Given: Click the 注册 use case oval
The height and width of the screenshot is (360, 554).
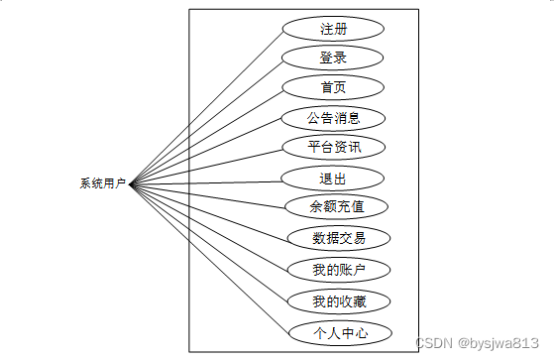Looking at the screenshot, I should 333,27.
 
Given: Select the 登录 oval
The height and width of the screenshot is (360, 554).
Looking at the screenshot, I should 333,57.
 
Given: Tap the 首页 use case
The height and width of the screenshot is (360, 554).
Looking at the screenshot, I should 333,87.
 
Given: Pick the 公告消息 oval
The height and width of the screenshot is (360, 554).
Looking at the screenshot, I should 333,118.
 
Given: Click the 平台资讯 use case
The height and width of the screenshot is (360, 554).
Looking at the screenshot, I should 333,148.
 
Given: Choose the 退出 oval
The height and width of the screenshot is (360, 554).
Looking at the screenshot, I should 333,179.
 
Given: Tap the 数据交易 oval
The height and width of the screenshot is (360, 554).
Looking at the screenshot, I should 338,238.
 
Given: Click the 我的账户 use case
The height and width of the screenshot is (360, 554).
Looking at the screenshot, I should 338,269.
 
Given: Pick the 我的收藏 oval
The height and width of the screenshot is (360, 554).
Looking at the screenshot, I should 338,300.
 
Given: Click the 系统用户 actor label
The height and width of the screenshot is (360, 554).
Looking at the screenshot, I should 102,183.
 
